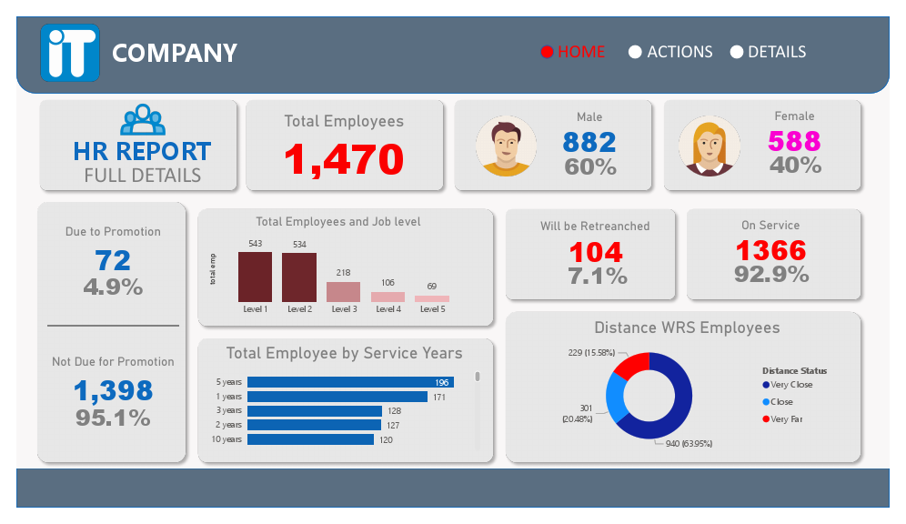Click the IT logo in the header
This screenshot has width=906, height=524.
(69, 53)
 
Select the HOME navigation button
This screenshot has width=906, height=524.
(573, 52)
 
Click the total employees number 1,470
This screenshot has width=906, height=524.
(344, 159)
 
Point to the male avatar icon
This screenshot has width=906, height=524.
(506, 146)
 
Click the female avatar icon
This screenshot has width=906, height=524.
(710, 146)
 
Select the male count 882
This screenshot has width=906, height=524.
(589, 142)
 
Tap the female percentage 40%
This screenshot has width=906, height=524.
(795, 165)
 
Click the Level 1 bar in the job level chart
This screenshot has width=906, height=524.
(255, 277)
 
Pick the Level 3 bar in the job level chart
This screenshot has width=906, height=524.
(344, 292)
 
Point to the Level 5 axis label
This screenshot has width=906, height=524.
(432, 309)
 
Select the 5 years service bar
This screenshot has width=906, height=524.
(350, 382)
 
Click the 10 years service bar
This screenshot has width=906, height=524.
(310, 439)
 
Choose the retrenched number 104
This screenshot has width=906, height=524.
(596, 252)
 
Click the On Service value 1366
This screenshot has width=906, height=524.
(771, 250)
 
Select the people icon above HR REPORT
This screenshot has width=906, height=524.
(142, 117)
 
